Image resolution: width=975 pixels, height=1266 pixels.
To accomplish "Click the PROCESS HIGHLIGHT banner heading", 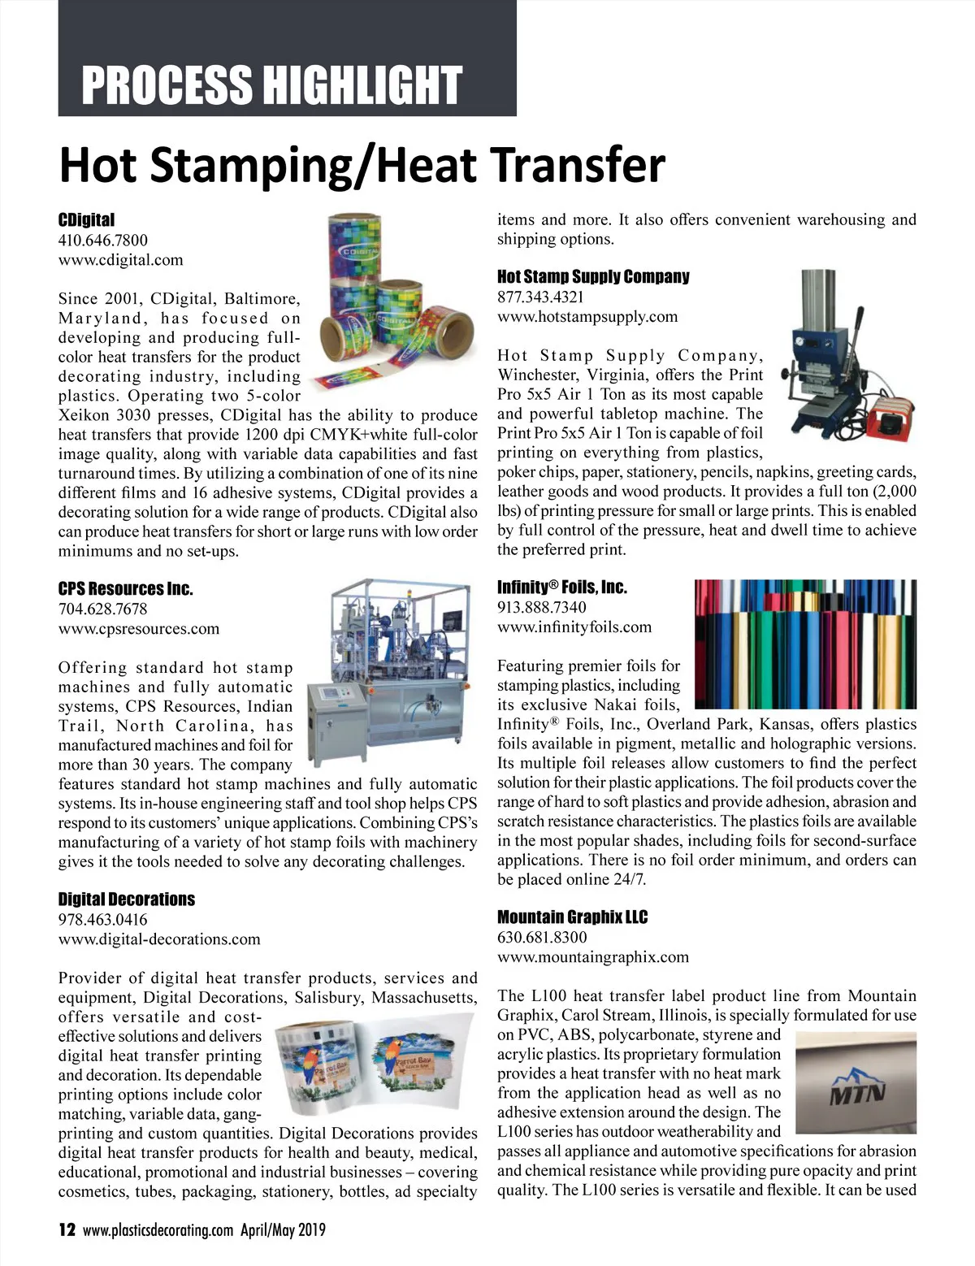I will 271,85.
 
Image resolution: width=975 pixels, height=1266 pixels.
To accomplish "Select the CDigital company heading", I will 86,219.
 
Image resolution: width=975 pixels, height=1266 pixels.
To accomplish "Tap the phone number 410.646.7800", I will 103,240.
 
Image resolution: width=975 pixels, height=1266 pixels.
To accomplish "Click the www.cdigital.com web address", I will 120,260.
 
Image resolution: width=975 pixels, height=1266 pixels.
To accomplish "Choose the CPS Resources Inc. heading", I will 125,588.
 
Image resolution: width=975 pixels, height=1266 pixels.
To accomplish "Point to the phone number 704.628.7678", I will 103,609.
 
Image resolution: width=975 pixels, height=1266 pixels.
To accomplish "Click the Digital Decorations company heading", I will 126,899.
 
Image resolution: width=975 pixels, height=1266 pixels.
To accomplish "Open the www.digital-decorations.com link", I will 159,939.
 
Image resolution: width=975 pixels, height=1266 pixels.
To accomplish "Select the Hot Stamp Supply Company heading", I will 593,276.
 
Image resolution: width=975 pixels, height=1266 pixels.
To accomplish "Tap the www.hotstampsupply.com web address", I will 587,317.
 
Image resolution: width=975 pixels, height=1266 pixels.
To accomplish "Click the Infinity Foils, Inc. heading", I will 562,587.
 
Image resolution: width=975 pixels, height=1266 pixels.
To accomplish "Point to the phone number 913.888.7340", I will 542,607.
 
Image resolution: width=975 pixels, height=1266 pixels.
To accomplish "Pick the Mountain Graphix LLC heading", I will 572,917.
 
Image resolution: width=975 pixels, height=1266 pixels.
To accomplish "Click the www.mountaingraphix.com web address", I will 593,957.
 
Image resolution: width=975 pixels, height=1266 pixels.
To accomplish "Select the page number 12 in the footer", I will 67,1229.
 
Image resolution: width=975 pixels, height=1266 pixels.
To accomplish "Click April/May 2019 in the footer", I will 283,1229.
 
